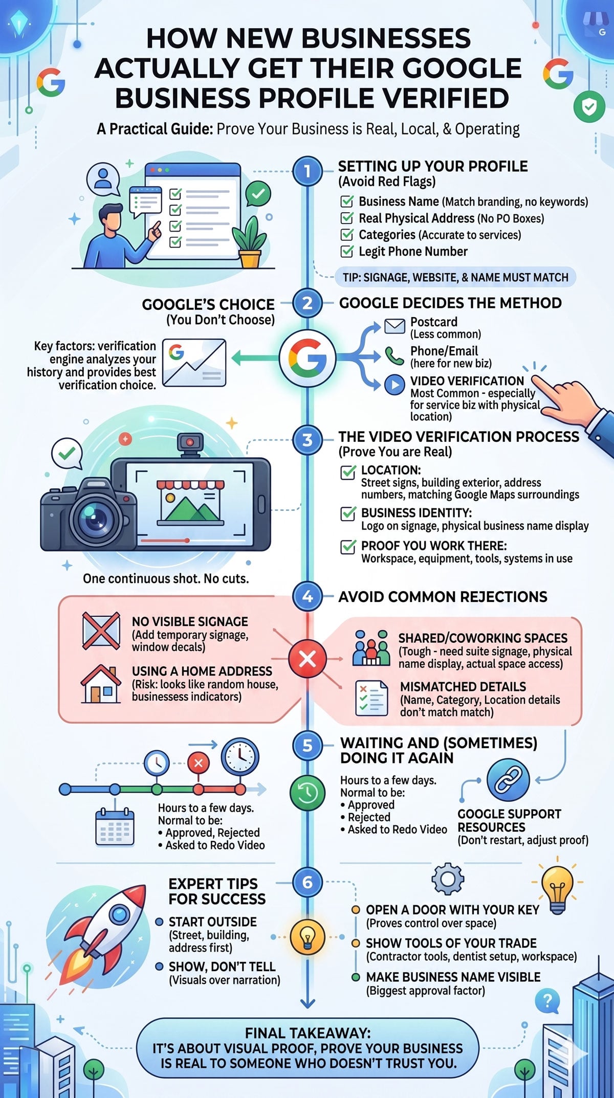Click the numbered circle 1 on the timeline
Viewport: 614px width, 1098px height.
(x=308, y=171)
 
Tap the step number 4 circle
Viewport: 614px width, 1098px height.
(x=308, y=596)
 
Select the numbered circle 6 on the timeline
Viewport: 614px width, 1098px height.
(x=308, y=882)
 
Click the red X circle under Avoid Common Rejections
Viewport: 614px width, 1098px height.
(x=308, y=659)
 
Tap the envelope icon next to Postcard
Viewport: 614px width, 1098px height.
(x=394, y=326)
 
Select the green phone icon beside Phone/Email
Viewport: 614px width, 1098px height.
(x=394, y=355)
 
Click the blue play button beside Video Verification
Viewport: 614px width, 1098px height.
(x=394, y=385)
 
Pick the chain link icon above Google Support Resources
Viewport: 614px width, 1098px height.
(x=508, y=779)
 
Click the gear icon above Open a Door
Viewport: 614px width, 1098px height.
(x=448, y=879)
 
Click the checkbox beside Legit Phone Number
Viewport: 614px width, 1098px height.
(x=347, y=251)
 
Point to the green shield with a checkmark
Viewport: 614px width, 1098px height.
(x=589, y=107)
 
